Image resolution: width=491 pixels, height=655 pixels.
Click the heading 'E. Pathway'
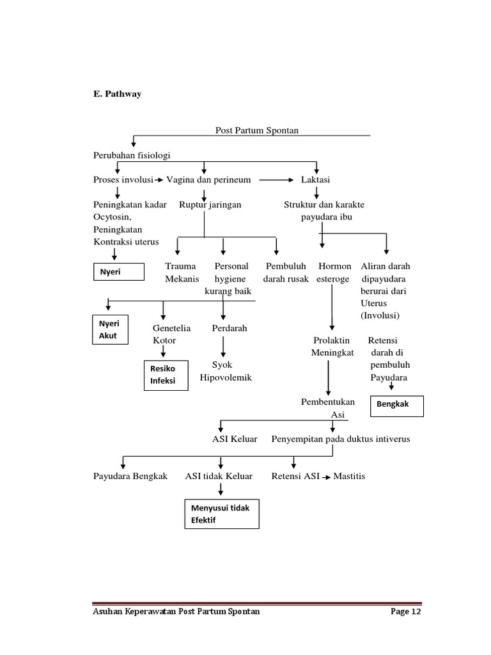(x=117, y=94)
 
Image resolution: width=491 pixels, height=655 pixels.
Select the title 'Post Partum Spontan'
(x=257, y=130)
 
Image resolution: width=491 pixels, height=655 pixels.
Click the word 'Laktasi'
(x=315, y=180)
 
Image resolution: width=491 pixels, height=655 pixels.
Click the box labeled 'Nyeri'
(x=119, y=272)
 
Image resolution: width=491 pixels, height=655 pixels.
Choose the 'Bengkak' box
(x=396, y=406)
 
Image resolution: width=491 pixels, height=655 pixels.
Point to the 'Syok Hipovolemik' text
(x=226, y=371)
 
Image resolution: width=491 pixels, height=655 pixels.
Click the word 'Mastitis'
(x=349, y=477)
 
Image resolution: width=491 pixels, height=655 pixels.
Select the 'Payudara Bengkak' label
(x=130, y=477)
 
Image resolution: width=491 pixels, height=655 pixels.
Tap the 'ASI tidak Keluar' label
(x=219, y=477)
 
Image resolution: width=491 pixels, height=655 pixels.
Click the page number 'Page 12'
(x=406, y=612)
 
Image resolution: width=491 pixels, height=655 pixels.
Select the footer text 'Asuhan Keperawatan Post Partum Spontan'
(x=176, y=612)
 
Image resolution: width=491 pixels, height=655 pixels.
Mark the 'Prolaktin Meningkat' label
(x=332, y=347)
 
